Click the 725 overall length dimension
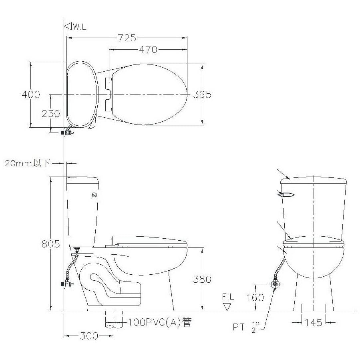point(127,38)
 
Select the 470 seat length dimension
point(148,49)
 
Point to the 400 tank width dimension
point(31,95)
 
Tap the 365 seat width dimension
point(202,95)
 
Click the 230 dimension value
point(51,114)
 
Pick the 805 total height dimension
point(51,244)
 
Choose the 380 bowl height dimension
point(202,279)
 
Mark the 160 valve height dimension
point(255,298)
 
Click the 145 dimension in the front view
point(314,323)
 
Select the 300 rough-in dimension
point(89,336)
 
